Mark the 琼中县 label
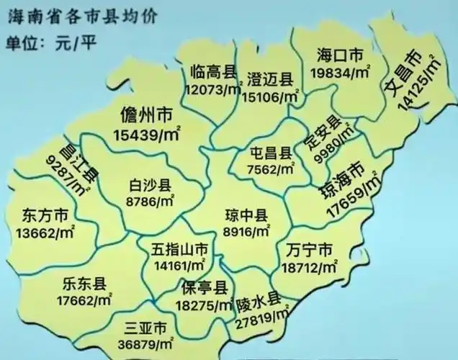[245, 215]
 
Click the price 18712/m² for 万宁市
[310, 266]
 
